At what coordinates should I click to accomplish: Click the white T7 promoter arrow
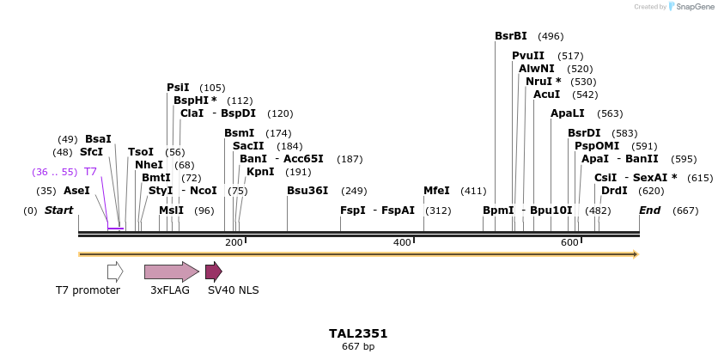[x=115, y=272]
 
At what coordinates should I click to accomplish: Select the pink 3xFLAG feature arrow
[x=171, y=272]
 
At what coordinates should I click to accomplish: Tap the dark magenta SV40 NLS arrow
[x=213, y=272]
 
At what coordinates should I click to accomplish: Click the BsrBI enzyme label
[x=511, y=36]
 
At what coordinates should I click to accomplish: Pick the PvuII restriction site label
[x=528, y=56]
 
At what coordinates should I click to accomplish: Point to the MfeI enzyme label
[x=436, y=191]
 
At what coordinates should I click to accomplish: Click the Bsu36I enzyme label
[x=307, y=191]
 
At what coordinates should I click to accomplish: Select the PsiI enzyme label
[x=178, y=88]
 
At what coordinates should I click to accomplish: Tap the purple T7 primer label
[x=90, y=172]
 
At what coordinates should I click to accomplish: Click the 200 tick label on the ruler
[x=234, y=243]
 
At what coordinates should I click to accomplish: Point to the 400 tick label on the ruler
[x=402, y=243]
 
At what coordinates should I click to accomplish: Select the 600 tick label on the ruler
[x=569, y=243]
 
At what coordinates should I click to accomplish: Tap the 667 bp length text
[x=358, y=347]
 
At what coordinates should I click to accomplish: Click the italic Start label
[x=58, y=211]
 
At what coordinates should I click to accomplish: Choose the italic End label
[x=650, y=211]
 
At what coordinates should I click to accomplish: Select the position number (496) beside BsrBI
[x=551, y=37]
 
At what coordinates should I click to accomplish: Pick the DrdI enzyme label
[x=614, y=191]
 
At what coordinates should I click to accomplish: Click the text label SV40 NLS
[x=233, y=290]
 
